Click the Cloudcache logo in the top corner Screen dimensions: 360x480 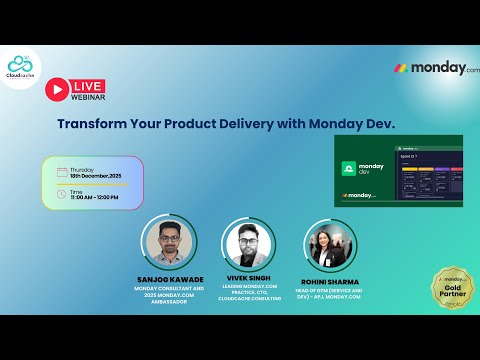tap(21, 67)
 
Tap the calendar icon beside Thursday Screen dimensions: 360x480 tap(62, 172)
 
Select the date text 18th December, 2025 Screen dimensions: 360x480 tap(95, 176)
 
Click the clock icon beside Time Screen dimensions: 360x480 tap(62, 193)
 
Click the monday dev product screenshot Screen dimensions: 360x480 tap(398, 171)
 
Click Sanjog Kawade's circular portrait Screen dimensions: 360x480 tap(169, 243)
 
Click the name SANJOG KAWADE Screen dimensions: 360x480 tap(169, 279)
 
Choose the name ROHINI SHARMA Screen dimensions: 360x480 tap(330, 282)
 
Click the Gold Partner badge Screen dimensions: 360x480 tap(451, 290)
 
